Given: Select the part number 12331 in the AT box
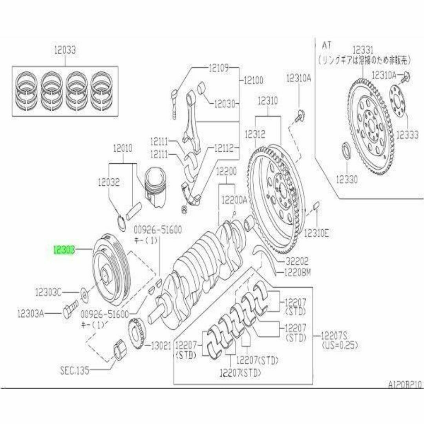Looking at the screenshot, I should (364, 50).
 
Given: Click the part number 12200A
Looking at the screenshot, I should (234, 200).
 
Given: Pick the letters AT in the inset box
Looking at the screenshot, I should (327, 45).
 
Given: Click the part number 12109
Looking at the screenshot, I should (218, 68).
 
